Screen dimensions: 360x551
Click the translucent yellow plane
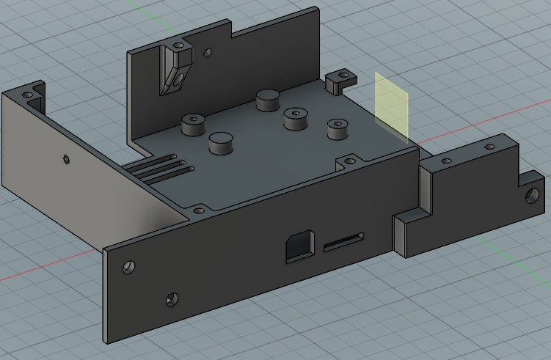pyautogui.click(x=391, y=106)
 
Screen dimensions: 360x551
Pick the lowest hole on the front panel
pyautogui.click(x=172, y=299)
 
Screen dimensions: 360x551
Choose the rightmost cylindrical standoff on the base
pyautogui.click(x=337, y=128)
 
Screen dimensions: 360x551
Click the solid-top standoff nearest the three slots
pyautogui.click(x=220, y=142)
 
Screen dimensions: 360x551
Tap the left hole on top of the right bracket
pyautogui.click(x=445, y=159)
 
